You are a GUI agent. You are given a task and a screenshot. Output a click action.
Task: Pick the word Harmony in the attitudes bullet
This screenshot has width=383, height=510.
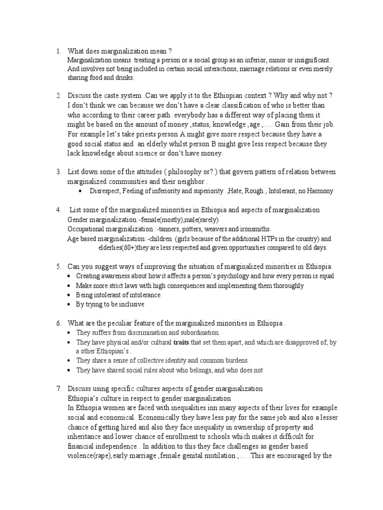(320, 191)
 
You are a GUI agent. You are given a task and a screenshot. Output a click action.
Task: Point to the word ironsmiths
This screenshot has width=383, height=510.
(256, 229)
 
